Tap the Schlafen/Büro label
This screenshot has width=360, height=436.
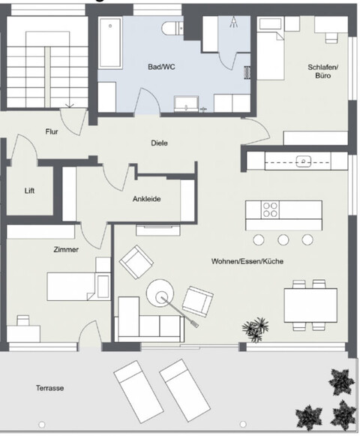click(323, 71)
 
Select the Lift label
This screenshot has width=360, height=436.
click(29, 190)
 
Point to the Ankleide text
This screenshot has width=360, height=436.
click(146, 199)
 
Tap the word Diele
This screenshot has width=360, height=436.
click(159, 143)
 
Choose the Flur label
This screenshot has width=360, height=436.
click(52, 131)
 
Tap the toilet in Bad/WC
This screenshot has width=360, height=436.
click(171, 29)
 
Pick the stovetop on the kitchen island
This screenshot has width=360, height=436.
click(268, 209)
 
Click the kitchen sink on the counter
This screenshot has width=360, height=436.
click(304, 161)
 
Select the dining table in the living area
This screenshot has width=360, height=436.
click(310, 303)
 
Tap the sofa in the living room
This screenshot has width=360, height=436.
click(150, 323)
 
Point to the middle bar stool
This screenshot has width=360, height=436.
click(283, 239)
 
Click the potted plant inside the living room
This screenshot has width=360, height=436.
click(256, 326)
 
